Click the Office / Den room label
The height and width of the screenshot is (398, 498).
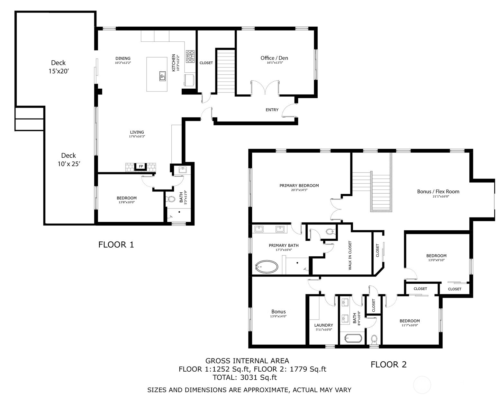point(274,58)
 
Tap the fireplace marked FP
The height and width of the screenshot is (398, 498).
point(141,166)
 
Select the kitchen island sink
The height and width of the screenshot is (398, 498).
point(162,76)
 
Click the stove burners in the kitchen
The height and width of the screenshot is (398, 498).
point(190,56)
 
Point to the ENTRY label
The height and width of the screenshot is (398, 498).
point(272,110)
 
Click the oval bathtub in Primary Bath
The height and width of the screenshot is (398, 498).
point(267,267)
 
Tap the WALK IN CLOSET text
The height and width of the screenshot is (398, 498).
point(350,255)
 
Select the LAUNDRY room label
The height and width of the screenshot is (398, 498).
point(323,325)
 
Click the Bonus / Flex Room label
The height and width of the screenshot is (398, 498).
point(438,191)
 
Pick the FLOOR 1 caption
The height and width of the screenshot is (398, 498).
point(116,245)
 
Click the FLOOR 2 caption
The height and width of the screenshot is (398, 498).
point(388,365)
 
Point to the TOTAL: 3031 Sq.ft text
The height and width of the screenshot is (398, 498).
point(245,377)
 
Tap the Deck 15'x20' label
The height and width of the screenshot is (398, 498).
point(59,67)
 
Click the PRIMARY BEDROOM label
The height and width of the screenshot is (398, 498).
point(299,186)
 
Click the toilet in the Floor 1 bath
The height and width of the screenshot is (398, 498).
point(171,199)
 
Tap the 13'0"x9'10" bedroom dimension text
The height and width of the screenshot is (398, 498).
point(436,261)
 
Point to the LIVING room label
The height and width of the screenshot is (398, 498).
point(137,132)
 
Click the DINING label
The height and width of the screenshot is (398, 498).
point(123,58)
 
